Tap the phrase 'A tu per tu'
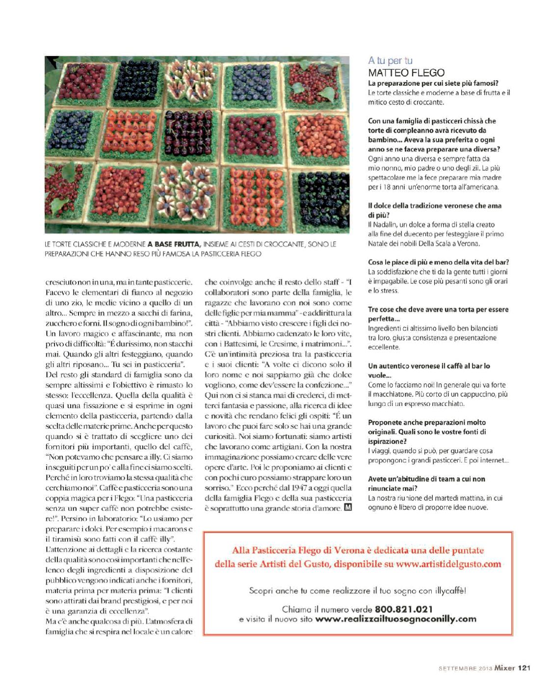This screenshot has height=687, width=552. tap(390, 61)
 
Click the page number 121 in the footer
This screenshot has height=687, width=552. tap(525, 667)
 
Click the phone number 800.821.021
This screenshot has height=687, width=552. tap(403, 610)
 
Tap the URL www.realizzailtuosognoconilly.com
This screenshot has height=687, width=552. tap(395, 619)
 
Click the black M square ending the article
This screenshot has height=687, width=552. tap(348, 508)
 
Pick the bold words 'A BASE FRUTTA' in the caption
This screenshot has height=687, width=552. tap(174, 244)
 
